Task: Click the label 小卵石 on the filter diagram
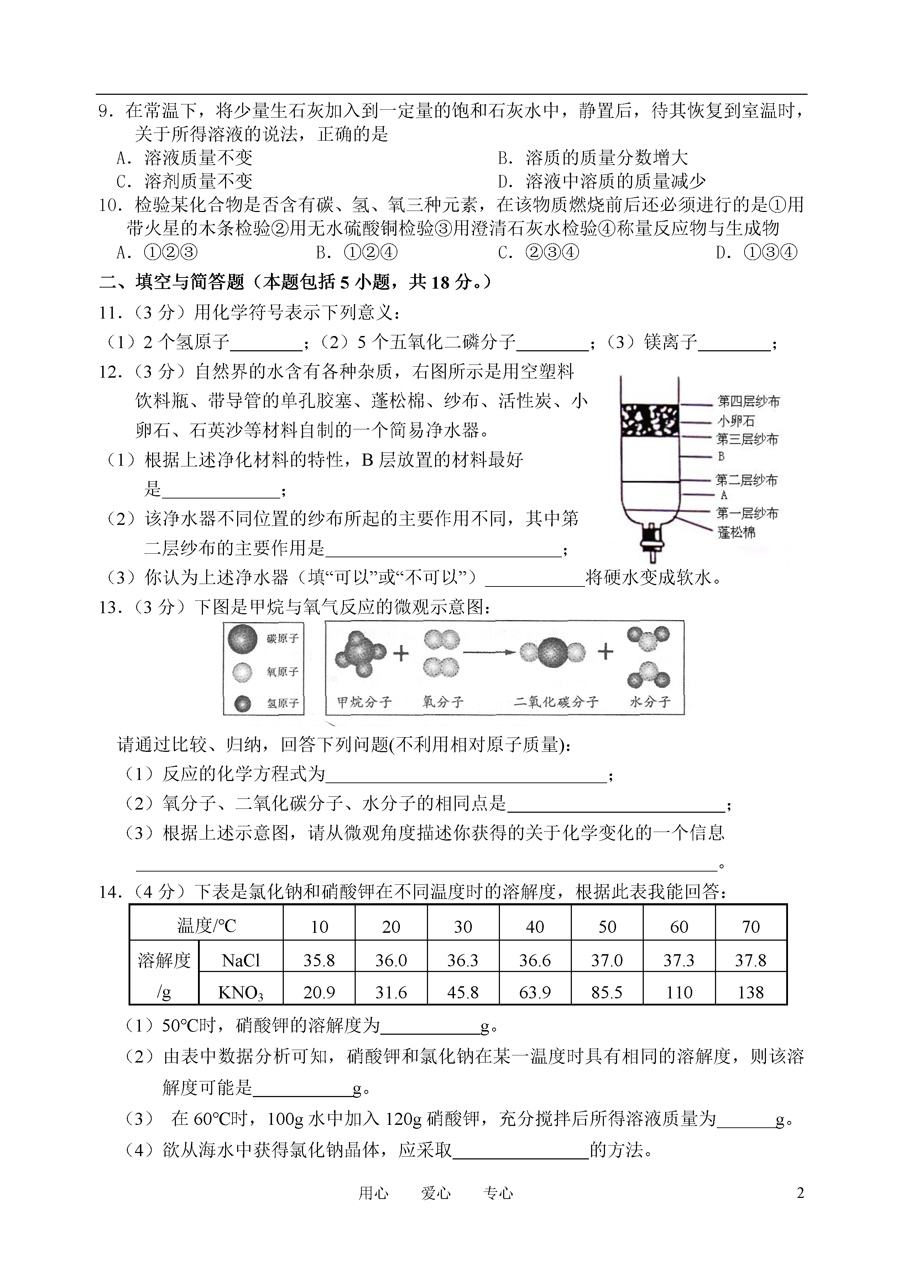pyautogui.click(x=736, y=421)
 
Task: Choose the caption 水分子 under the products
pyautogui.click(x=649, y=702)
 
